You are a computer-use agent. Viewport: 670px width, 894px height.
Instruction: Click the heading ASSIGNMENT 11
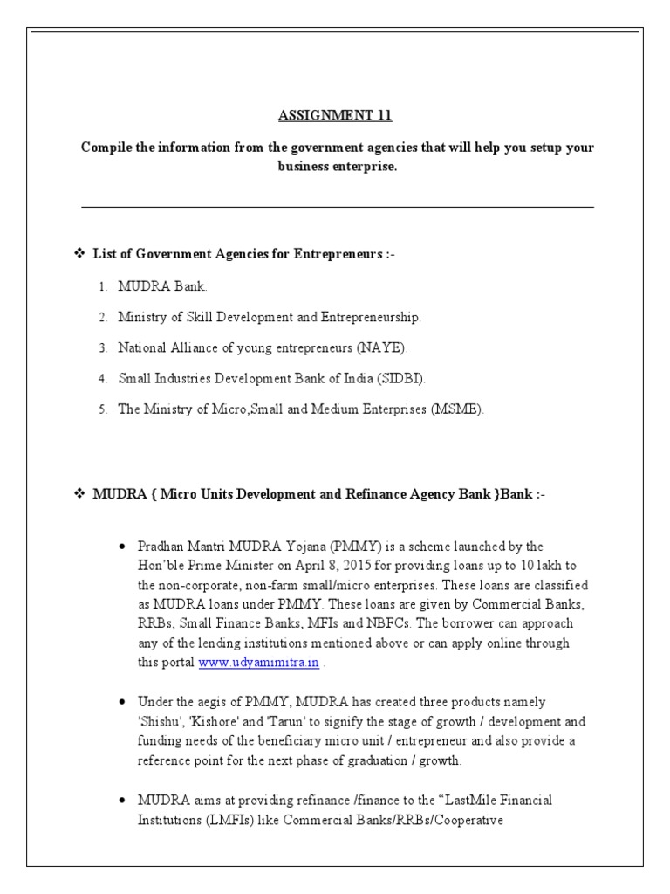(x=336, y=116)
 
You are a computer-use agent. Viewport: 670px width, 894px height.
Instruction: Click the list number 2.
(x=102, y=317)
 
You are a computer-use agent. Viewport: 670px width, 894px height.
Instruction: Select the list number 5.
(x=102, y=409)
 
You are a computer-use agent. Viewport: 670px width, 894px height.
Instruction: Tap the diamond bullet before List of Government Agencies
(x=76, y=254)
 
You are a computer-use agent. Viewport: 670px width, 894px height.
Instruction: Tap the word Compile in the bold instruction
(x=106, y=148)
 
